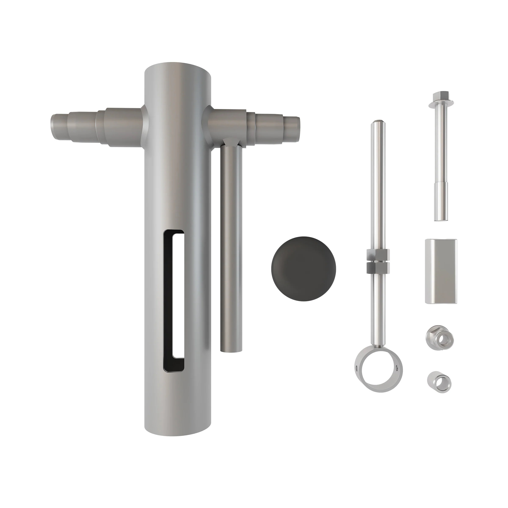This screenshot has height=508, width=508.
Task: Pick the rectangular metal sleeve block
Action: pyautogui.click(x=441, y=271)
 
